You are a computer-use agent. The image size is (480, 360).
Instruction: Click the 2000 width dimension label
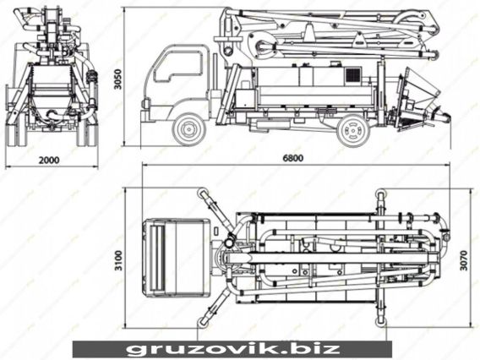point(49,160)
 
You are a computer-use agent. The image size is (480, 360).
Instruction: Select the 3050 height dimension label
point(117,79)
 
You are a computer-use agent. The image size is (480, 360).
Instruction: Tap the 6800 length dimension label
point(293,158)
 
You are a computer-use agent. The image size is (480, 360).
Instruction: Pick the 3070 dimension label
point(464,260)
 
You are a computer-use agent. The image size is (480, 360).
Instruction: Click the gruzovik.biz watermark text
point(233,348)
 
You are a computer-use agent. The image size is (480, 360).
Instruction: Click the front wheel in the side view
point(188,129)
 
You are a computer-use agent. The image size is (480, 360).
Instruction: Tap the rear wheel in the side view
point(353,130)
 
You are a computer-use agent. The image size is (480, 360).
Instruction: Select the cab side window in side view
point(177,67)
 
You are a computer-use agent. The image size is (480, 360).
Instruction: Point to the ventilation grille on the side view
point(353,75)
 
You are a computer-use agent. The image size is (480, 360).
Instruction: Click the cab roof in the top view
point(176,258)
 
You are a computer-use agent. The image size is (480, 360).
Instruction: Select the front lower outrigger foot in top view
point(202,321)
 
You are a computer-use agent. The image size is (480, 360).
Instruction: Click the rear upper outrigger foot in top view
point(380,194)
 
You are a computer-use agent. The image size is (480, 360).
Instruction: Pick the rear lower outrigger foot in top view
point(380,321)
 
